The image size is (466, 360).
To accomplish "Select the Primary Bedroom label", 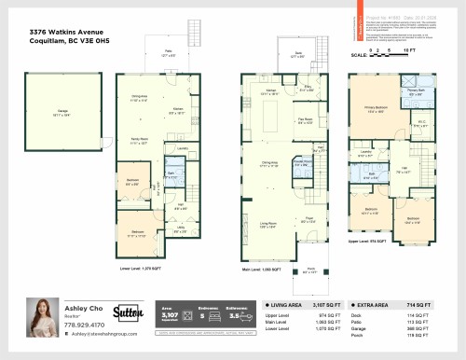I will click(377, 108).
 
